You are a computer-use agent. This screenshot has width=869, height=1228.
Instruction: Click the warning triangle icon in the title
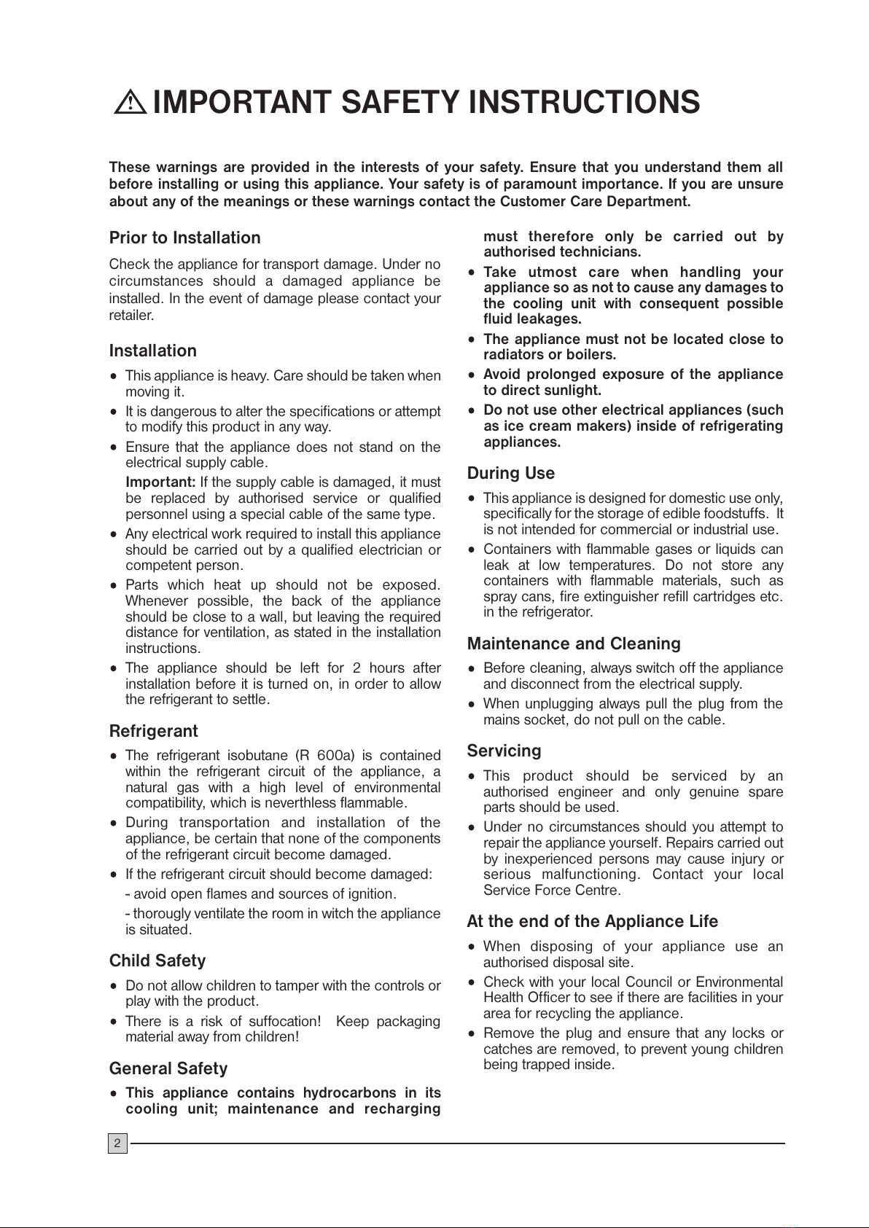131,103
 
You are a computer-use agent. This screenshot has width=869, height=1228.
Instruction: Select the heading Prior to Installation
184,238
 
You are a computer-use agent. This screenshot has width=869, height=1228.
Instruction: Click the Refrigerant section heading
153,731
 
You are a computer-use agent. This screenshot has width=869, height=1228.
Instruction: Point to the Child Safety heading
157,961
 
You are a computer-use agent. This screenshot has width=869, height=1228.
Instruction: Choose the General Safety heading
168,1068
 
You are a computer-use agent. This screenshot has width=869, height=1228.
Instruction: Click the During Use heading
510,474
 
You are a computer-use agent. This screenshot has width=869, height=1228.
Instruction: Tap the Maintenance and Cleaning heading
574,644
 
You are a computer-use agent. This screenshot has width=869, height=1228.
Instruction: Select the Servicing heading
504,751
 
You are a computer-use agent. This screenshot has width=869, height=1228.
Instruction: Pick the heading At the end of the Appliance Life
592,922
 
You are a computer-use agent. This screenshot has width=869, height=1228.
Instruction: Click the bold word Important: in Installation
160,482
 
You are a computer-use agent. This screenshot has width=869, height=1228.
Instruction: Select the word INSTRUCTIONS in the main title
583,103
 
